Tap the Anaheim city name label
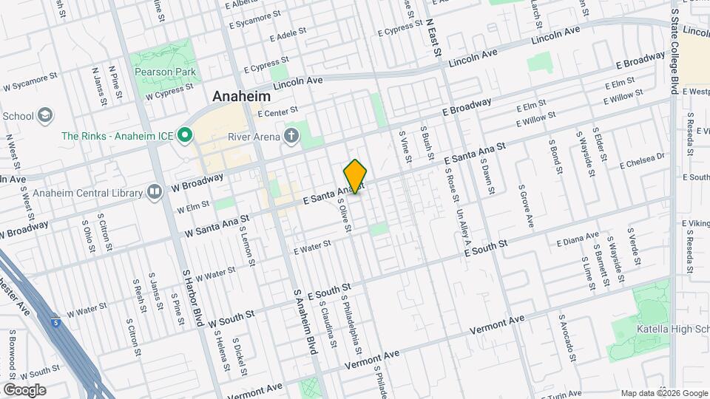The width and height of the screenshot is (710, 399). coord(242,96)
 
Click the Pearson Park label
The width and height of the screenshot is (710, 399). coord(164,72)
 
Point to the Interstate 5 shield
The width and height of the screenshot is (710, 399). coord(57,322)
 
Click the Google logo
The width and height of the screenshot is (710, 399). coord(24,390)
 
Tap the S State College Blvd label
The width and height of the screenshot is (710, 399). coord(674,48)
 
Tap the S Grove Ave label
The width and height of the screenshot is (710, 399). coord(526,205)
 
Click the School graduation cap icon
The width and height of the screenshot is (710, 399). coord(45,115)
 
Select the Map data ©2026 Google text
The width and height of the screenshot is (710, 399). coord(664,393)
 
